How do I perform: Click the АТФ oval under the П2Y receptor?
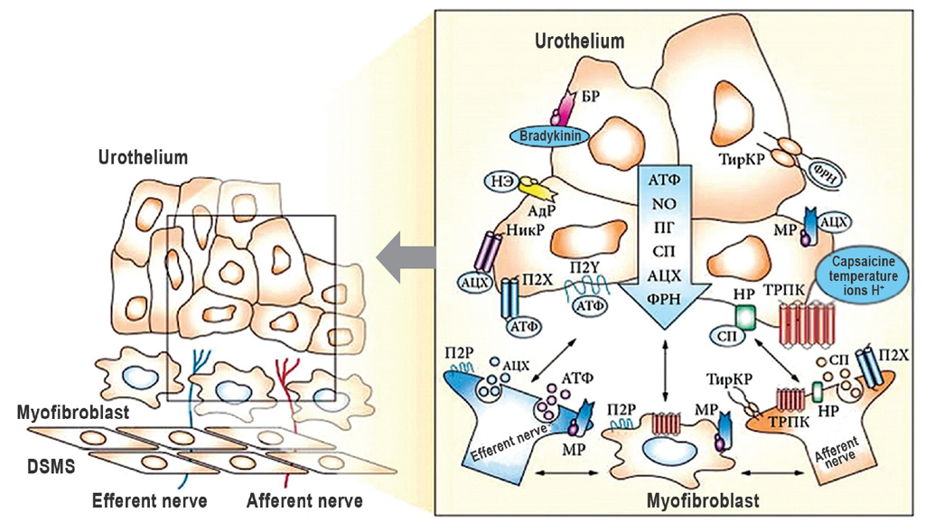(x=592, y=305)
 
